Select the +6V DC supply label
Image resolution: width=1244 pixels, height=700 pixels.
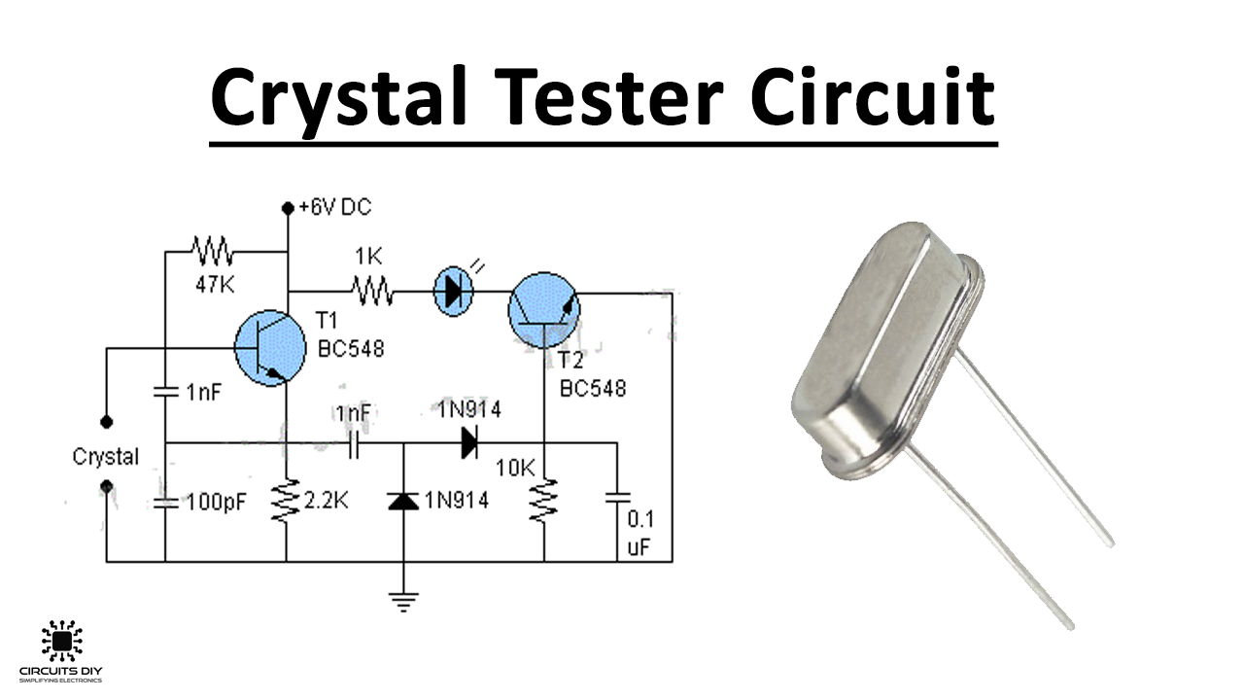point(334,207)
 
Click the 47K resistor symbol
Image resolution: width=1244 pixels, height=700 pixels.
point(212,252)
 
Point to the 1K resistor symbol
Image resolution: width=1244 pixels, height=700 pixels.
point(372,290)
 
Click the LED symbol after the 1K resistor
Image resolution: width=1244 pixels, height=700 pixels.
point(451,291)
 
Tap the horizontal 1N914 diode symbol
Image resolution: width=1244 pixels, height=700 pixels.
point(469,443)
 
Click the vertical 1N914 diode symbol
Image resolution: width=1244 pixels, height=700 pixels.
point(403,501)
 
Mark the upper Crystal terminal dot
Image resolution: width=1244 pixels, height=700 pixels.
point(106,421)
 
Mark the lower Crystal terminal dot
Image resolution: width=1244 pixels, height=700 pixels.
point(106,484)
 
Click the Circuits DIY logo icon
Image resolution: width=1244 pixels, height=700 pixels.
point(61,641)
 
